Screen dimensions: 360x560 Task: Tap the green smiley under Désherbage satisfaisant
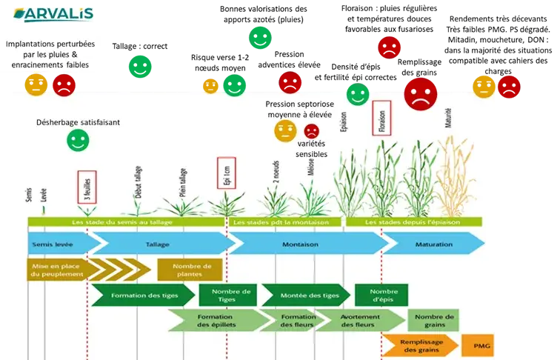77,140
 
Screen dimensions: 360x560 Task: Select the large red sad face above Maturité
420,94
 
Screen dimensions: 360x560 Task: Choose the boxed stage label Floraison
381,119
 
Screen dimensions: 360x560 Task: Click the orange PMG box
477,345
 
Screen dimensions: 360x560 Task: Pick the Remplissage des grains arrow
419,345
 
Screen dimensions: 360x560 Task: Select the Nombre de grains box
434,320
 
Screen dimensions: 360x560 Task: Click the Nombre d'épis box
381,295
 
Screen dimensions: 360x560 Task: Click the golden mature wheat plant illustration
453,178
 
